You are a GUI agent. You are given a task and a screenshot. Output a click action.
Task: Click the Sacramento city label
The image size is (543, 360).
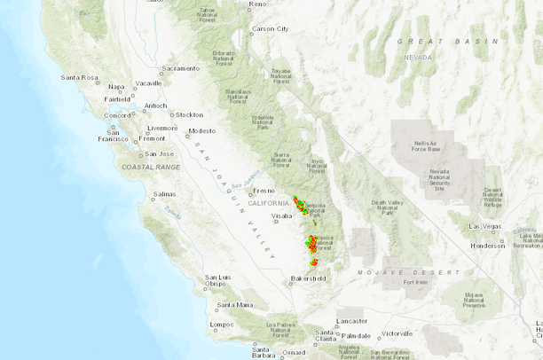[182, 68]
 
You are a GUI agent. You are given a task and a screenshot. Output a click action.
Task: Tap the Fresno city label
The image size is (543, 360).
[264, 191]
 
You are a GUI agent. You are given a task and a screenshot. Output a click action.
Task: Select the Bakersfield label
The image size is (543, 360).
[309, 278]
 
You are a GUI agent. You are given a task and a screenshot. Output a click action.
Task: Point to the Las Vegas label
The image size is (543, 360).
[485, 226]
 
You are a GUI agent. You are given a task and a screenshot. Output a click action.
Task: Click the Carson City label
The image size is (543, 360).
[271, 28]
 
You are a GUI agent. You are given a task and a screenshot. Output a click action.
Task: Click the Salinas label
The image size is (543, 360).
[164, 194]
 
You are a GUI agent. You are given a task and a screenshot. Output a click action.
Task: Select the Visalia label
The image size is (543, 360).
[281, 215]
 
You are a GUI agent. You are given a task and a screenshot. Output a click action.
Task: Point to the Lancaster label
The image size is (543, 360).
[351, 320]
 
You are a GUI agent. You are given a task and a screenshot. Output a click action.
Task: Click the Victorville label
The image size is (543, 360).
[397, 334]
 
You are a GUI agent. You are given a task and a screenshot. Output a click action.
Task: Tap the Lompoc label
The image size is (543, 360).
[222, 325]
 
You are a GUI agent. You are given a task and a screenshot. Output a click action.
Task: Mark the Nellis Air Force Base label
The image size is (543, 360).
[432, 147]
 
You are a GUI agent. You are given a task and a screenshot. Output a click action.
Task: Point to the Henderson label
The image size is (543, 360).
[489, 246]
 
